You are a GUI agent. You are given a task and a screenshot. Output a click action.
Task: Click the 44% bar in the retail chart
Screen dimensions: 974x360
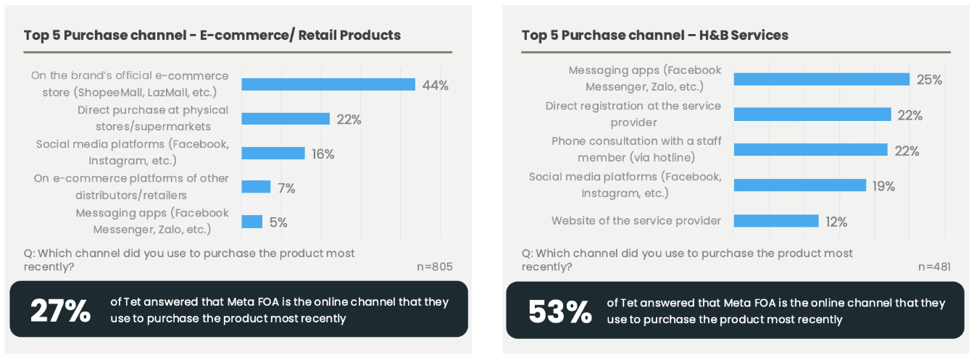pos(328,84)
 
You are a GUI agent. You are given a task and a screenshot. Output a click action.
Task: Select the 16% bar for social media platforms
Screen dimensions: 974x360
pos(273,153)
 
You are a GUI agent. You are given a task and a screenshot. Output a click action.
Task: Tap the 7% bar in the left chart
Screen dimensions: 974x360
pos(256,187)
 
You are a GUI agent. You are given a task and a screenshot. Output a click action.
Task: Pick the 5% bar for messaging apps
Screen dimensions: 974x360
pos(252,222)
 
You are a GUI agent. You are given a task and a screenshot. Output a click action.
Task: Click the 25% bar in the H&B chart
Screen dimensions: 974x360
pos(822,79)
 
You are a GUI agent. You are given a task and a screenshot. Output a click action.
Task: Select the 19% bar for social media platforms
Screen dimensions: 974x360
pos(800,185)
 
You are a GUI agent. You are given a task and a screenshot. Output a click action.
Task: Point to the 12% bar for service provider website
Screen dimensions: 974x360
pos(776,221)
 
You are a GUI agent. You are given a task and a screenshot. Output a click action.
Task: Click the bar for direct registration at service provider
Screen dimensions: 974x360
pos(812,114)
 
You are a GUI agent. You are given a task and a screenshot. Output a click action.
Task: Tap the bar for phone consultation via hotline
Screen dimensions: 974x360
pos(810,149)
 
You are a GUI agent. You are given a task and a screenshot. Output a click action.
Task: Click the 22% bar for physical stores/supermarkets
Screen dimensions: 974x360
pos(286,119)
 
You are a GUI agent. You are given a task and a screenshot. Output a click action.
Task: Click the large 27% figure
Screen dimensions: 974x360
pos(60,311)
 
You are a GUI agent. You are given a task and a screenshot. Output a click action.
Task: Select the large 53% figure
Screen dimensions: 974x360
pos(560,311)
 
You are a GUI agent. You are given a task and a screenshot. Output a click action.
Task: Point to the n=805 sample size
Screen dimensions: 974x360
pos(434,267)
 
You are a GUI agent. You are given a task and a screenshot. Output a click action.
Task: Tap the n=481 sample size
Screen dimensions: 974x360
pos(934,267)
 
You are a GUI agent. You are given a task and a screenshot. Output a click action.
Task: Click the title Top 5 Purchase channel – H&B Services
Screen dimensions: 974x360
pos(655,35)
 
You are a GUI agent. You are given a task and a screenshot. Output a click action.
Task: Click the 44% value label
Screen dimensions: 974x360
pos(436,85)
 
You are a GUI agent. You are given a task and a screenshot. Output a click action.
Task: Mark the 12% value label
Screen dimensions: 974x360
pos(836,222)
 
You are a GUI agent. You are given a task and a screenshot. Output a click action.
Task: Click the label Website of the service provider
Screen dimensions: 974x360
pos(636,221)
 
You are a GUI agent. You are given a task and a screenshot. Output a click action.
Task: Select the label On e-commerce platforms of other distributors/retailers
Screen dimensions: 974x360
pos(131,187)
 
